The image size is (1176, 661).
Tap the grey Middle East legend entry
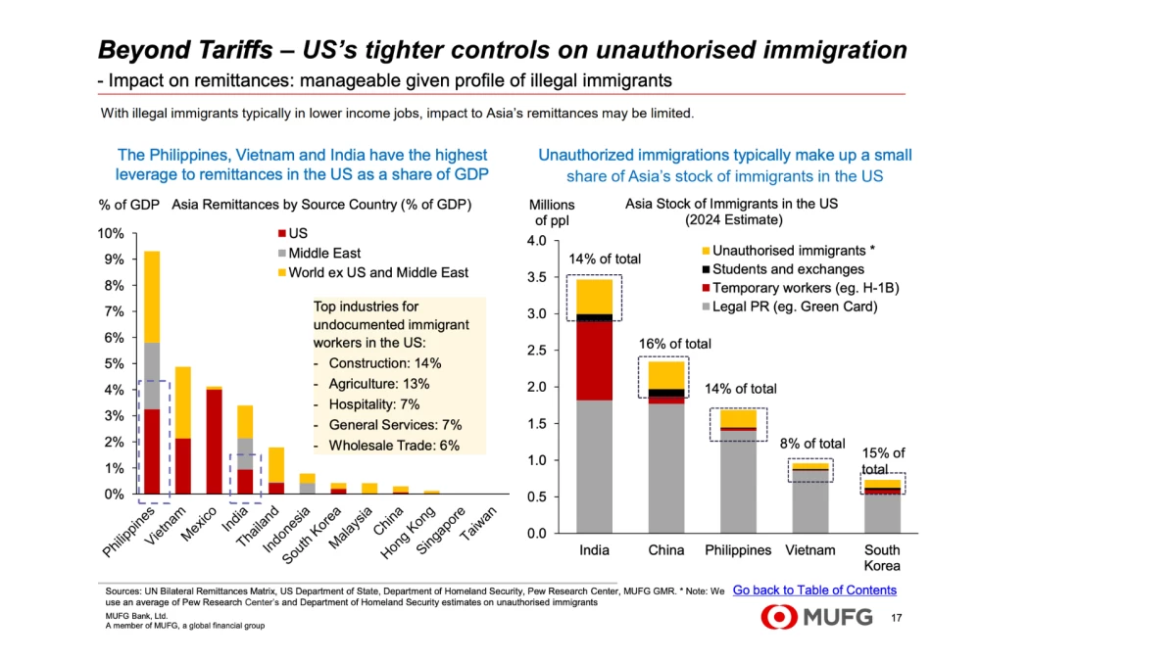[323, 254]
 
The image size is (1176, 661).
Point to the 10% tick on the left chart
[111, 233]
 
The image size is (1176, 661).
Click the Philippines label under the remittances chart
[129, 533]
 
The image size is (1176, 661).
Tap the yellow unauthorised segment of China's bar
[666, 375]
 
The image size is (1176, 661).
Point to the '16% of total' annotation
[674, 344]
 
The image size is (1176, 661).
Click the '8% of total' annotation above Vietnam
[811, 444]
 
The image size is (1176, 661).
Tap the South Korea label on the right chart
[881, 557]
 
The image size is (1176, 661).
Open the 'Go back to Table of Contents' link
[813, 590]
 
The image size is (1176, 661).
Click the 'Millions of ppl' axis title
[552, 212]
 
